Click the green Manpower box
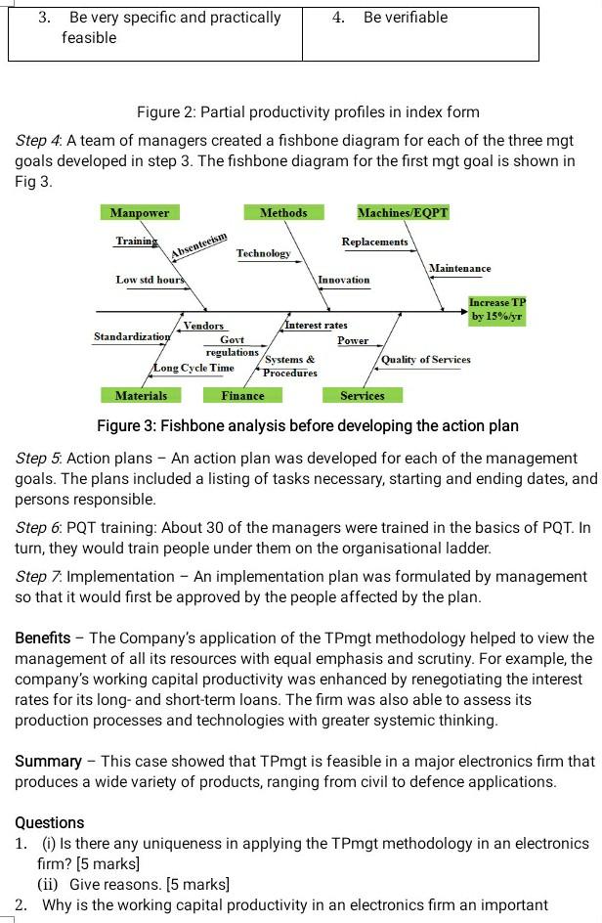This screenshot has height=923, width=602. coord(139,213)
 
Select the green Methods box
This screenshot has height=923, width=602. coord(283,213)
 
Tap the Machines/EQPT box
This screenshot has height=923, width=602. coord(403,213)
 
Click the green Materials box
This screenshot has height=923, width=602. coord(141,395)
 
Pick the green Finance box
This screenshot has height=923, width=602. coord(242,395)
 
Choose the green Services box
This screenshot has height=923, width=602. coord(362,395)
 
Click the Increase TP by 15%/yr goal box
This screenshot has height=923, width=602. coord(496,311)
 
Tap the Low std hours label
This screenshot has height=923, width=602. coord(150,280)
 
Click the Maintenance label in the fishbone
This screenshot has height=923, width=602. coord(460,268)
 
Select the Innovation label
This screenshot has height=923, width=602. coord(343,280)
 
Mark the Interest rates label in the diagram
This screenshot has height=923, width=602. coord(316,325)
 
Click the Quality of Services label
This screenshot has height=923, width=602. coord(425,359)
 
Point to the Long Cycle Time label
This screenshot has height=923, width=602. coord(193,368)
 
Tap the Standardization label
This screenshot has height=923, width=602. coord(132,336)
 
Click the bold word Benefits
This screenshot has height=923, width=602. coord(48,637)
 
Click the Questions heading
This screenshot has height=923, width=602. coord(50,822)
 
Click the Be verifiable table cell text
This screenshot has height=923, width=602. coord(405,18)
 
